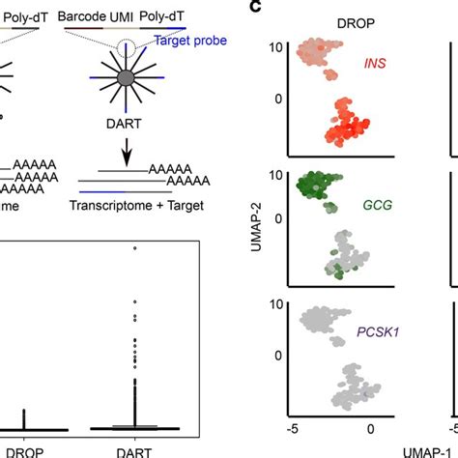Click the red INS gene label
[377, 66]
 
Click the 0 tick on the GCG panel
[277, 218]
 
